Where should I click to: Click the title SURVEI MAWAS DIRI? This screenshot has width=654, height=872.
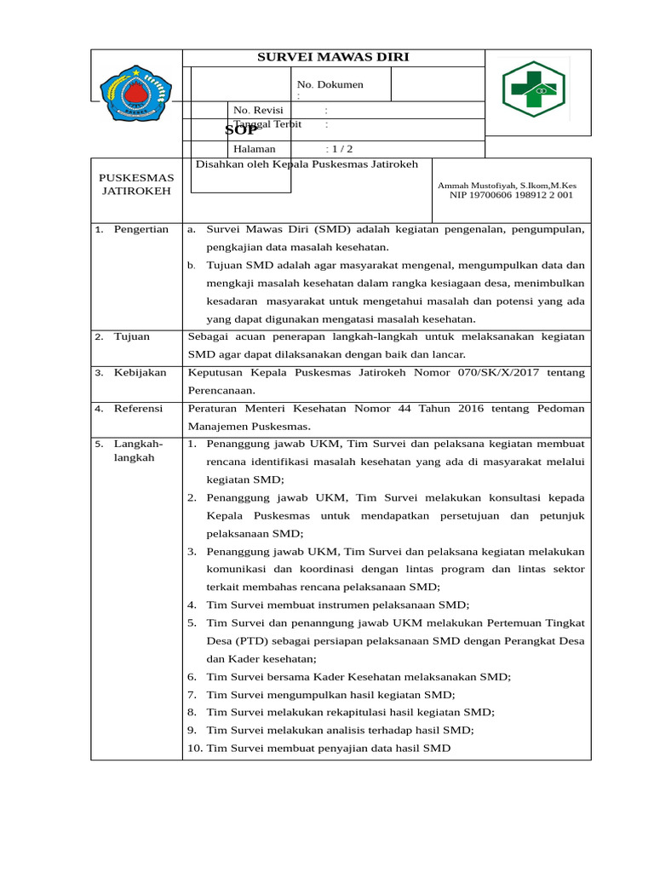point(333,57)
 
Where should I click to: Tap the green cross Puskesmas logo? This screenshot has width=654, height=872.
point(532,89)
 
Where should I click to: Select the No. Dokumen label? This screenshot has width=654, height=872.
point(330,84)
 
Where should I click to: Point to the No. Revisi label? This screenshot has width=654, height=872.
point(258,110)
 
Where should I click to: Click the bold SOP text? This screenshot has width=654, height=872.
point(241,129)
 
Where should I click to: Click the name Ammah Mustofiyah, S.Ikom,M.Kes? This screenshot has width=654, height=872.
point(507,185)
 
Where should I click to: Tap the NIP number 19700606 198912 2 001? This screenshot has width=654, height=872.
point(511,195)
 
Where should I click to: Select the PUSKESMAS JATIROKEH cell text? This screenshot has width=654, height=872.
point(136,184)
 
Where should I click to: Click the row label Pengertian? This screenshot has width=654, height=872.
point(141,229)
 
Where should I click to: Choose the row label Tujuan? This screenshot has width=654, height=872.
point(132,336)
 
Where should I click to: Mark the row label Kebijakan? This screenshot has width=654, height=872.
point(141,372)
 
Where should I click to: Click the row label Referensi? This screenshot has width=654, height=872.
point(138,408)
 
